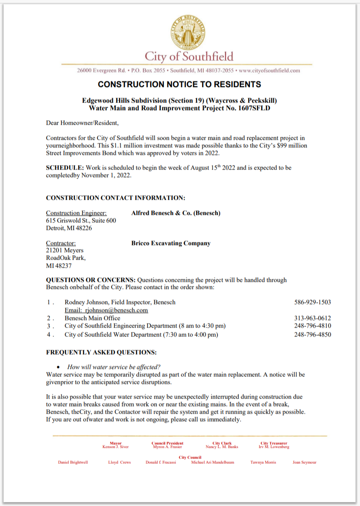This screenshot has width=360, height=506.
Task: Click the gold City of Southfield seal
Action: coord(188,32)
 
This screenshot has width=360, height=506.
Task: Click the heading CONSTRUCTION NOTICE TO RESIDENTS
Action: coord(179,84)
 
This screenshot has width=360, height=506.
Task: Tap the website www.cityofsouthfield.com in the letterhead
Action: coord(269,71)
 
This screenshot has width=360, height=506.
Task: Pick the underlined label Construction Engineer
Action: coord(76,213)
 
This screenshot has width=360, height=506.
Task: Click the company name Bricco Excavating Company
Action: coord(171,243)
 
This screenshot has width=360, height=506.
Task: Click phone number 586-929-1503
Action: coord(313,302)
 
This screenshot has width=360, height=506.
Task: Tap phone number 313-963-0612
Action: coord(313,318)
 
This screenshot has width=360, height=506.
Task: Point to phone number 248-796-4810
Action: coord(313,326)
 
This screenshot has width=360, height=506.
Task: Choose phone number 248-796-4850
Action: coord(313,335)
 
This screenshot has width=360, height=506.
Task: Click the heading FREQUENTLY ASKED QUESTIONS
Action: coord(101,353)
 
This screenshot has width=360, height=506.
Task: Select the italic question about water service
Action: coord(114,367)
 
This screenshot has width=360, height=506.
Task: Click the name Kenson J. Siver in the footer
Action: coord(115,447)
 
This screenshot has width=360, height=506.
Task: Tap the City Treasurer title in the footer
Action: coord(274,443)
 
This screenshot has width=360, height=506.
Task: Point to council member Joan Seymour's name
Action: coord(305,462)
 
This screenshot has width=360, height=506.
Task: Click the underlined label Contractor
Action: coord(61,243)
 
